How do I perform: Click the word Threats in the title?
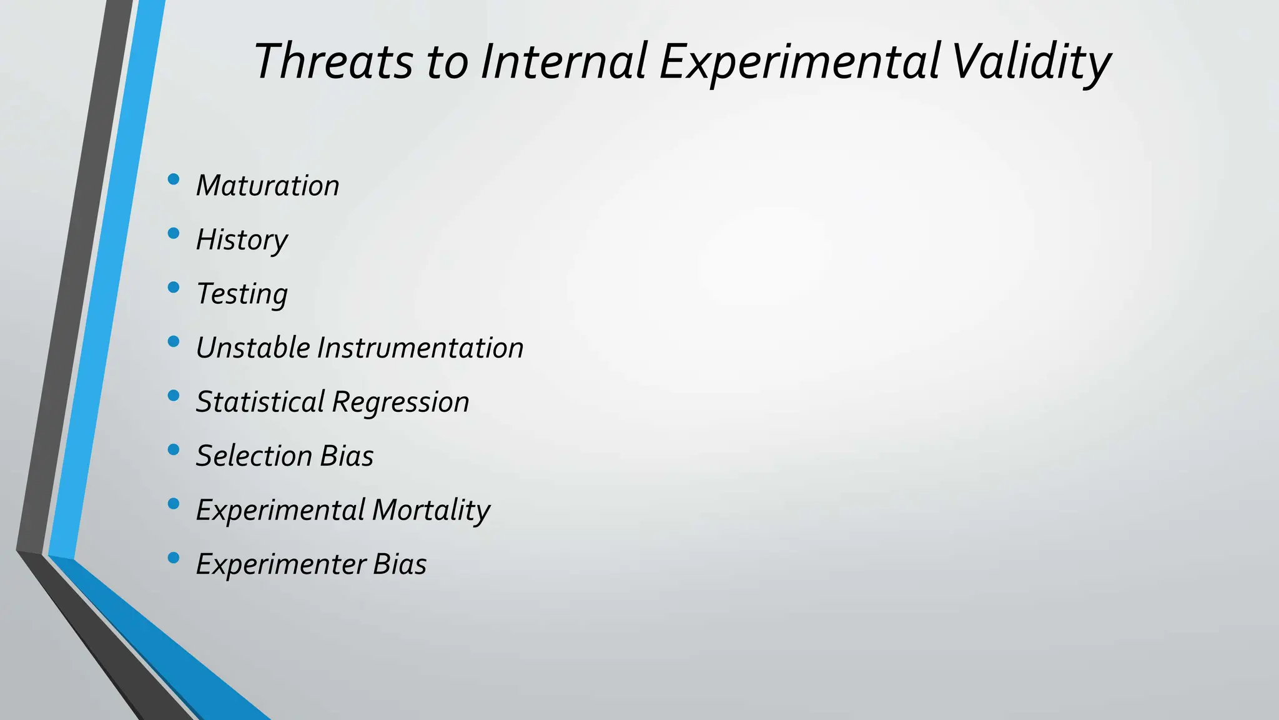tap(333, 61)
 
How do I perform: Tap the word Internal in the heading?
tap(563, 61)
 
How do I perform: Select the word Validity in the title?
tap(1030, 61)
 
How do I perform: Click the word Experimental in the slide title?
tap(800, 61)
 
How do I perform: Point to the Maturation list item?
tap(267, 186)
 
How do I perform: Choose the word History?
tap(242, 240)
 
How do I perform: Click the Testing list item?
tap(242, 294)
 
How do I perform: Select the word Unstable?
tap(253, 347)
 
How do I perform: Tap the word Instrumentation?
tap(420, 347)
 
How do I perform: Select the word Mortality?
tap(431, 510)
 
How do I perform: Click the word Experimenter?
tap(281, 564)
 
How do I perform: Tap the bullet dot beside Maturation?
tap(174, 180)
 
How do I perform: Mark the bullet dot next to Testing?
tap(174, 287)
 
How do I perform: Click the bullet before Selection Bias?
tap(174, 449)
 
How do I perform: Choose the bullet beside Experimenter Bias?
tap(174, 557)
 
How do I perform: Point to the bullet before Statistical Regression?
tap(174, 396)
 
